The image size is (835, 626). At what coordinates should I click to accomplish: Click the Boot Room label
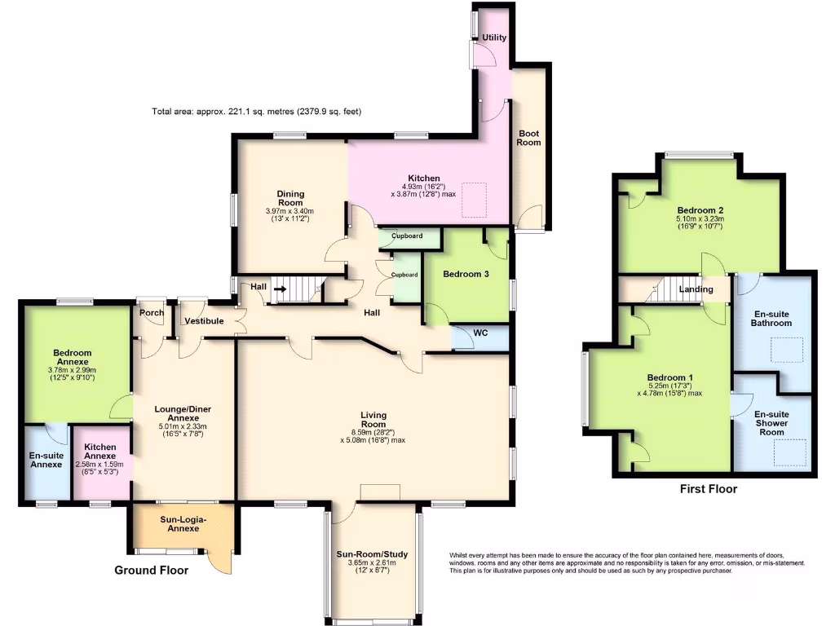tap(528, 138)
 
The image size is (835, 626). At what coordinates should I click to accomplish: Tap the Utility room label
tap(494, 37)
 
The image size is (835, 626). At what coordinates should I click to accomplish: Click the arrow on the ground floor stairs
tap(280, 288)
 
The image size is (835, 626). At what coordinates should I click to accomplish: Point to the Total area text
tap(256, 111)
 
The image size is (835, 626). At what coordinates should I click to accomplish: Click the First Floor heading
tap(708, 489)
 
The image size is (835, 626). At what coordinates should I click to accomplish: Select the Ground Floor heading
tap(151, 571)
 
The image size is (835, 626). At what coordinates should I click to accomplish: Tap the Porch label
tap(152, 312)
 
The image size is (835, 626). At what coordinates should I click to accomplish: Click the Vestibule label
tap(204, 321)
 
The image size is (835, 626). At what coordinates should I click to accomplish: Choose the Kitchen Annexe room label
tap(99, 452)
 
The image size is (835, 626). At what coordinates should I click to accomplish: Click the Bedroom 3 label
tap(466, 275)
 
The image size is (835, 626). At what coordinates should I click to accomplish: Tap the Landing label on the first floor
tap(696, 289)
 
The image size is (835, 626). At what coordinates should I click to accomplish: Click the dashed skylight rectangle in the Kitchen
tap(473, 201)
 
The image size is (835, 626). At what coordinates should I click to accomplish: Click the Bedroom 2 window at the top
tap(699, 155)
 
